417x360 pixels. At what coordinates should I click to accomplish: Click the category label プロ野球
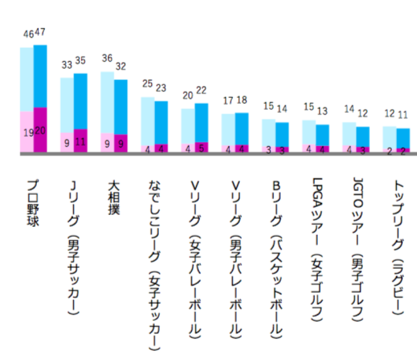coord(33,203)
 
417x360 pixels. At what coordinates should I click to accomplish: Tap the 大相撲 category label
coord(114,197)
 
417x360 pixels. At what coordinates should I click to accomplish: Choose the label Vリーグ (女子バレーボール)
coord(195,258)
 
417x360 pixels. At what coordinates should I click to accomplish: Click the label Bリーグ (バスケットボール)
coord(275,258)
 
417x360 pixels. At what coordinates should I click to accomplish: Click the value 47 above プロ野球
coord(40,33)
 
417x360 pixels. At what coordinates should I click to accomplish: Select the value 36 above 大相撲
coord(107,58)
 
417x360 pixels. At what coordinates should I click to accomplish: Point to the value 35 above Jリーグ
coord(80,61)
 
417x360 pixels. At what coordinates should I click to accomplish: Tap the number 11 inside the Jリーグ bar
coord(80,142)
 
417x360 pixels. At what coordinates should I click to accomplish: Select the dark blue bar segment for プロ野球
coord(40,76)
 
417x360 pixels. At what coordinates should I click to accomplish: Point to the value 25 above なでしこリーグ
coord(147,84)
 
